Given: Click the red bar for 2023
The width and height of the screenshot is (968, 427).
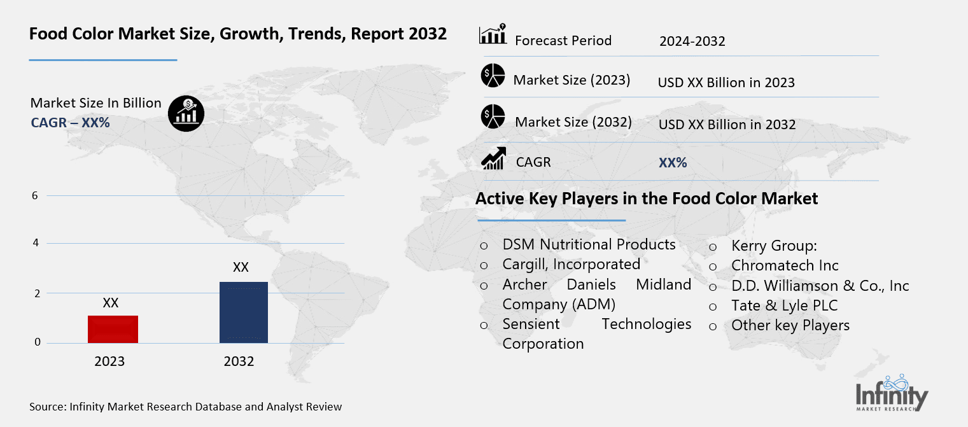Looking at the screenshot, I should coord(113,329).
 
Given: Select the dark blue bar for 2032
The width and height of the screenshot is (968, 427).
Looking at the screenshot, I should coord(243,312).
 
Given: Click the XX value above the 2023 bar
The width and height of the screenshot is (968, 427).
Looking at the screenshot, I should coord(111,303).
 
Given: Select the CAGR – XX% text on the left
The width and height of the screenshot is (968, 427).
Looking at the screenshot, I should coord(70,122).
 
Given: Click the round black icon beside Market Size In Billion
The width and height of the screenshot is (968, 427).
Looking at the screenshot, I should coord(186,114).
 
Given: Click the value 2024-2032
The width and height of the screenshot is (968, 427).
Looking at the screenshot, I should coord(692,41).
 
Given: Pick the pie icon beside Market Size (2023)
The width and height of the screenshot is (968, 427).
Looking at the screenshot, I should coord(493,76).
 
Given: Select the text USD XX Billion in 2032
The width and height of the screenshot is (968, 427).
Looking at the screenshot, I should coord(727,124).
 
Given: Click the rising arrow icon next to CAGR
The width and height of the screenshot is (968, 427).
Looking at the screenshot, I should coord(493,158).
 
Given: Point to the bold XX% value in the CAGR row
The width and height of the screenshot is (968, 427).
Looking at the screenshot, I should coord(673,162).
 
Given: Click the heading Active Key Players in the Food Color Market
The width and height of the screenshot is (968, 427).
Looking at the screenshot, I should coord(646,199).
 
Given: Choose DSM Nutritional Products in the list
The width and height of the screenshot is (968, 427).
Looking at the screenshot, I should coord(589,244).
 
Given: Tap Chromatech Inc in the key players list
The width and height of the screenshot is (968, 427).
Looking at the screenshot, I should coord(785,265).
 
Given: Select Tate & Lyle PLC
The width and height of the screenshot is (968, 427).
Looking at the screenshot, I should coord(784,305).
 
